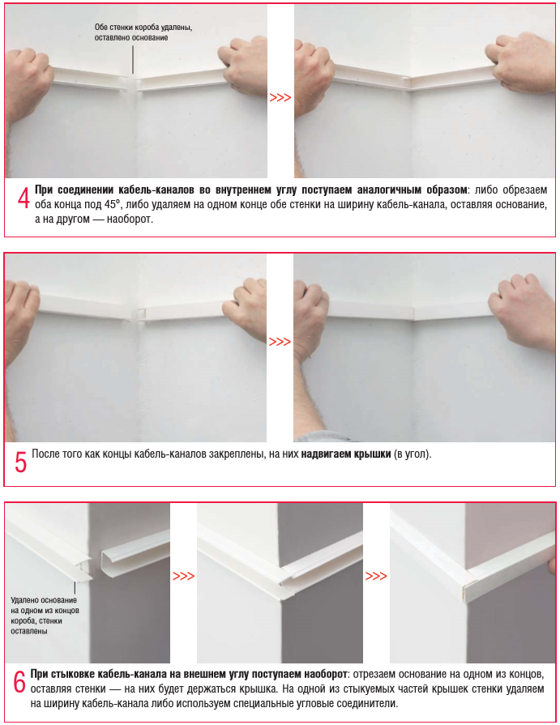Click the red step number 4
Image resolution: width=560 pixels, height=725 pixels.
click(24, 198)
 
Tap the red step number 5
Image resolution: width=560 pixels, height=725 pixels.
click(21, 462)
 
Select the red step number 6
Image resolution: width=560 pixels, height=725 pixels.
click(19, 682)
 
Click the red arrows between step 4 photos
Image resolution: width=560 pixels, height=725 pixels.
click(280, 97)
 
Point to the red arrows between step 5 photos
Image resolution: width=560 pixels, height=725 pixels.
click(280, 342)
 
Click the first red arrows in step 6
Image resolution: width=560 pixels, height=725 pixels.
click(184, 576)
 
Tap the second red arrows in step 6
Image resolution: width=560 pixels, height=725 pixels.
click(376, 576)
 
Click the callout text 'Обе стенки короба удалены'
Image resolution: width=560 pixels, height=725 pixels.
click(143, 28)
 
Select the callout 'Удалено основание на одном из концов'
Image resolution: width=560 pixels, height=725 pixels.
click(45, 605)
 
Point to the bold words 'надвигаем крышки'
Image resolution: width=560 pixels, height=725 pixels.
click(346, 454)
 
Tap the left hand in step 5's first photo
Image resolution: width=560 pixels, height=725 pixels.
click(21, 319)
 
